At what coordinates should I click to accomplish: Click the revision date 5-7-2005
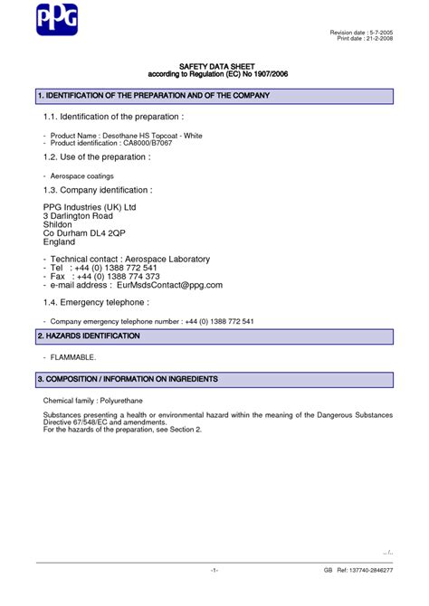click(379, 33)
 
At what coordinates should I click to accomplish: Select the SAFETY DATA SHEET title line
click(214, 67)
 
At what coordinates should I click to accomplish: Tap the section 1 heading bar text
click(153, 95)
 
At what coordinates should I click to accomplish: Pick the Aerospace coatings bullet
click(81, 175)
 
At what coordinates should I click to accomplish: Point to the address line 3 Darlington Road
click(78, 216)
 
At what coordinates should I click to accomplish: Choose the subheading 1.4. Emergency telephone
click(96, 302)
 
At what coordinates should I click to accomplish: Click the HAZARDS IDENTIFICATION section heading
click(89, 336)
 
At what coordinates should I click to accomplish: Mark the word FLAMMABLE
click(73, 357)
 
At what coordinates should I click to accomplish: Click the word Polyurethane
click(125, 399)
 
